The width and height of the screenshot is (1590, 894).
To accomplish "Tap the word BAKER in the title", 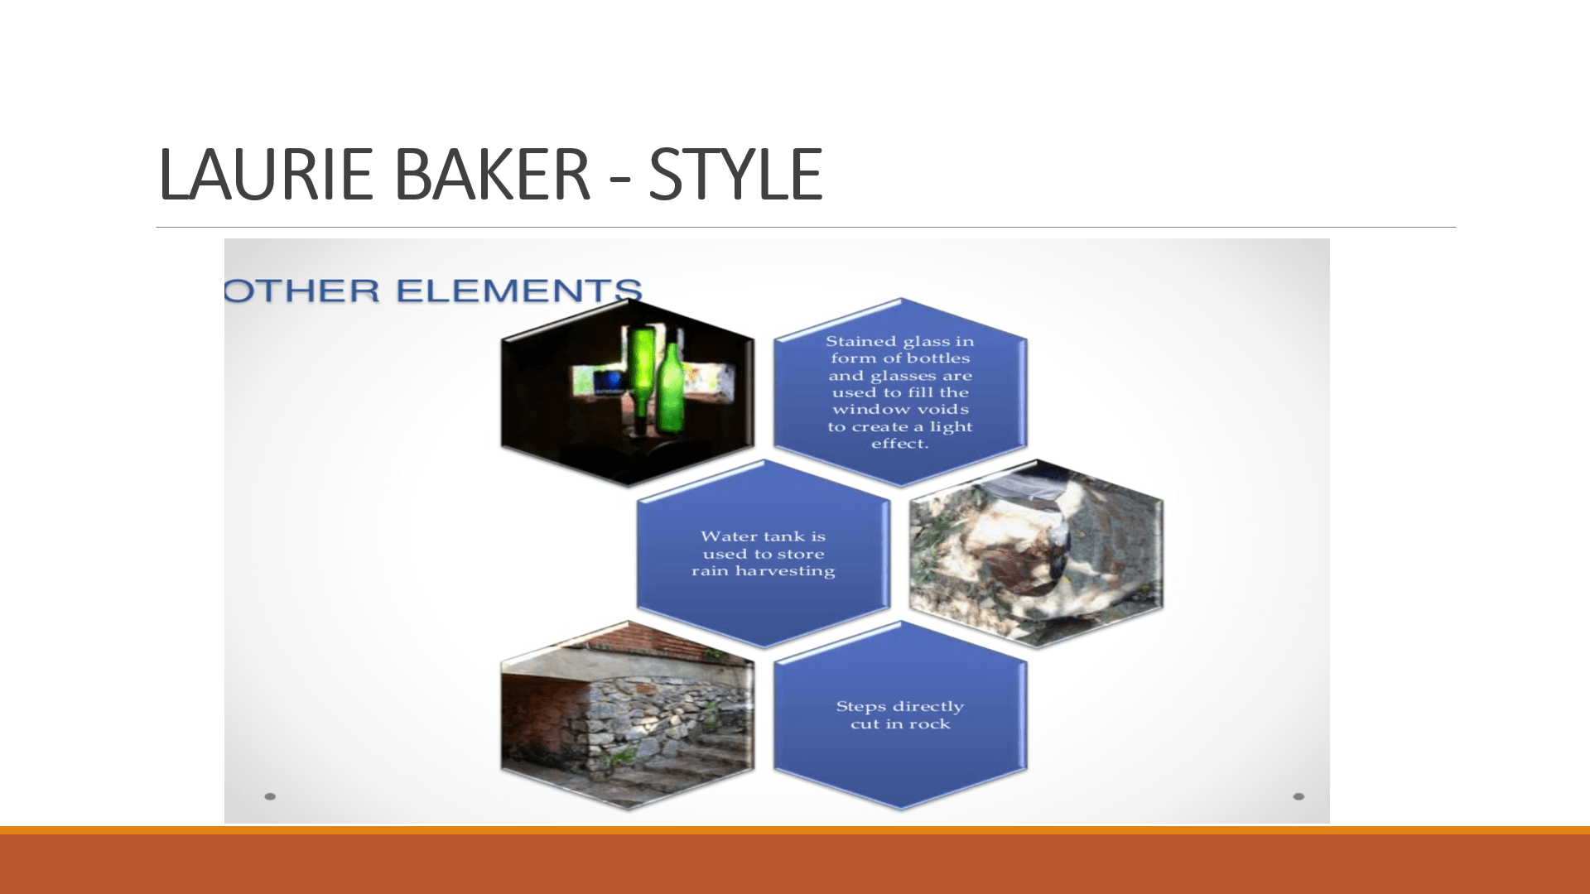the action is point(492,174).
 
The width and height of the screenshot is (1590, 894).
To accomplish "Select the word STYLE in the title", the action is point(735,174).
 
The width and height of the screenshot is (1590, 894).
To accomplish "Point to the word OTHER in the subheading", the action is point(302,291).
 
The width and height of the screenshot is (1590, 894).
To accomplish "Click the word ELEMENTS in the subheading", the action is point(518,291).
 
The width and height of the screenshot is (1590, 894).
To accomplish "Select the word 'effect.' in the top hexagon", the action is point(899,444).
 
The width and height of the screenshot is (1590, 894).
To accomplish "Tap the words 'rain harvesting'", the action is point(764,571).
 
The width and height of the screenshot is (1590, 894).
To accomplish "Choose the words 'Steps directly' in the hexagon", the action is point(900,706).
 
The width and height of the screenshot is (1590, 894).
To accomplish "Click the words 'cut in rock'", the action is point(900,724).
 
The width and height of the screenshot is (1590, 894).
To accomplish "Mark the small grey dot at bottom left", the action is point(270,796).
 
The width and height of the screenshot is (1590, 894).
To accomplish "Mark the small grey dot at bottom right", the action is point(1298,796).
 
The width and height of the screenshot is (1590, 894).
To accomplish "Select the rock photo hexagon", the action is point(1036,553).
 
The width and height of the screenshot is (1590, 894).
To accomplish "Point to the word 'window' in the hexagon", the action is point(862,410).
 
